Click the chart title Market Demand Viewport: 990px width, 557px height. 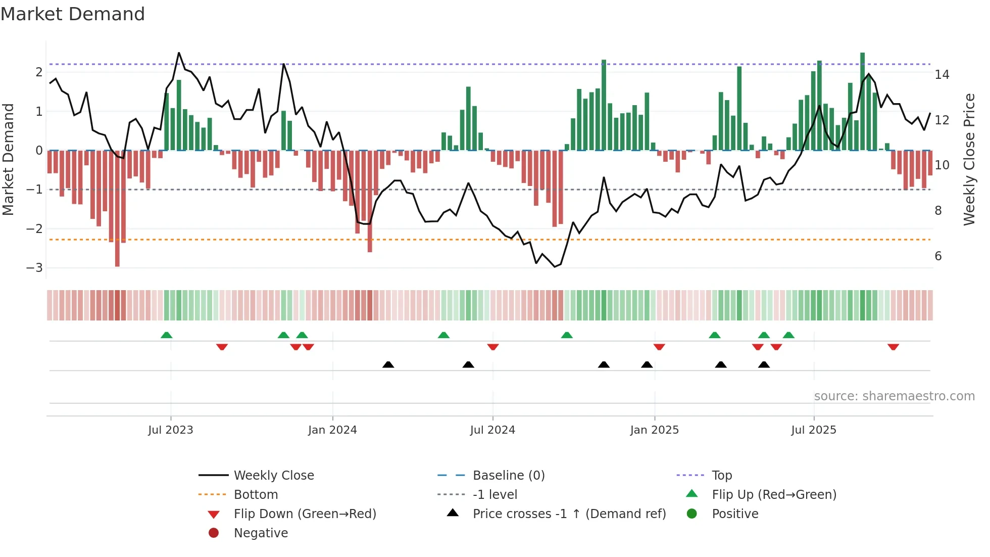[73, 14]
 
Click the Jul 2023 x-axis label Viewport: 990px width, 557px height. [171, 430]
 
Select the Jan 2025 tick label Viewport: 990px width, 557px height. [655, 430]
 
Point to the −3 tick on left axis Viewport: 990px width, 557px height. [34, 268]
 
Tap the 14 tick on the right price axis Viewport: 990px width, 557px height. [942, 75]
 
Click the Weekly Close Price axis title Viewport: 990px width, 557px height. [969, 159]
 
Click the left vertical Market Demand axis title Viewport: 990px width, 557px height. [9, 159]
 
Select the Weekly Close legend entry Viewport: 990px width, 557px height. [273, 476]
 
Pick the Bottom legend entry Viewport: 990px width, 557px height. [256, 495]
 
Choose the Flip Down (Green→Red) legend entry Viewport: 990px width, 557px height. [305, 514]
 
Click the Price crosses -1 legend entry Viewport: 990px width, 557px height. [569, 514]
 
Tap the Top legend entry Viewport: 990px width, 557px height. [722, 476]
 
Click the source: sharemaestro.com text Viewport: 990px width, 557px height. [894, 396]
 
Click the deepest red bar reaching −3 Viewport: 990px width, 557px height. [117, 208]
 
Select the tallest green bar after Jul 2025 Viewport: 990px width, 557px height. [863, 101]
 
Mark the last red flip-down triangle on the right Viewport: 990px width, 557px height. [893, 347]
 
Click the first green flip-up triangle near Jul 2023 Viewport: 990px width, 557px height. [166, 335]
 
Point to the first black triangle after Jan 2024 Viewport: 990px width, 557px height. [388, 364]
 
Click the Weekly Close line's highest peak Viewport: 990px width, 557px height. [179, 53]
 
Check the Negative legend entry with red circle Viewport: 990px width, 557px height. [261, 533]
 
